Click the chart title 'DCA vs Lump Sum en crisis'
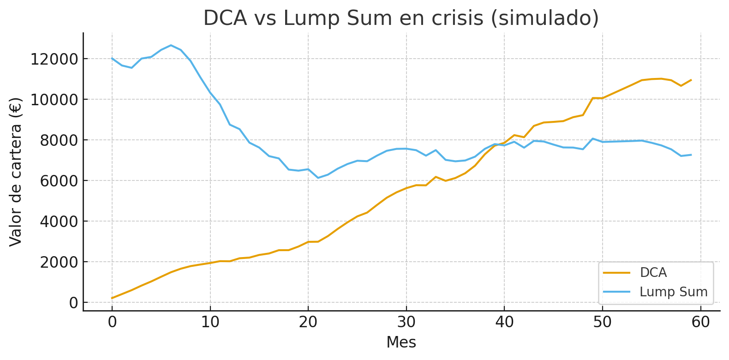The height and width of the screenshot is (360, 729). pyautogui.click(x=401, y=18)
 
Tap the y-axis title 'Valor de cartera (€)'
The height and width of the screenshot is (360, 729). pyautogui.click(x=16, y=172)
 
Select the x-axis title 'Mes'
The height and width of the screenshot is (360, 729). pyautogui.click(x=401, y=342)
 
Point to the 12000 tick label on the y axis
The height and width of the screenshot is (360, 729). pyautogui.click(x=54, y=59)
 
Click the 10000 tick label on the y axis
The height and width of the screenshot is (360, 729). pyautogui.click(x=54, y=100)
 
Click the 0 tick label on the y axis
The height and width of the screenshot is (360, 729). pyautogui.click(x=73, y=303)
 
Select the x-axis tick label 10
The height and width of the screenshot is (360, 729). pyautogui.click(x=210, y=322)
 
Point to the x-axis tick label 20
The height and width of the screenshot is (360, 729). pyautogui.click(x=308, y=322)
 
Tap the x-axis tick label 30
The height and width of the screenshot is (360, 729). pyautogui.click(x=406, y=322)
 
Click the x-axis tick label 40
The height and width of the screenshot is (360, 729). pyautogui.click(x=504, y=322)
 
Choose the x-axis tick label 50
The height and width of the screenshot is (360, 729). pyautogui.click(x=602, y=322)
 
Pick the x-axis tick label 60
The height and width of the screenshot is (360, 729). pyautogui.click(x=700, y=322)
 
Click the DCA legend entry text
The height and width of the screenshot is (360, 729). pyautogui.click(x=653, y=273)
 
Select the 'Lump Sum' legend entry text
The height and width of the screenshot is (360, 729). pyautogui.click(x=674, y=292)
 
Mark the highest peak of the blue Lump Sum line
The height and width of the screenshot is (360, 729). pyautogui.click(x=171, y=45)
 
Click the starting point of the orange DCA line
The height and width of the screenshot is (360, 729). pyautogui.click(x=112, y=298)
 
